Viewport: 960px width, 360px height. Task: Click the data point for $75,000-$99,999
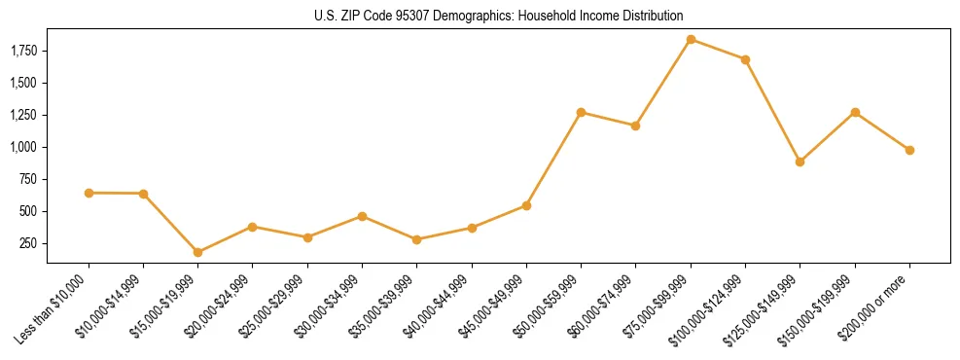click(x=691, y=40)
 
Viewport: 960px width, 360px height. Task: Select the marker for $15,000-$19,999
click(x=198, y=252)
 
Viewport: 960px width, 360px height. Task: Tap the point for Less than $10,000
click(x=89, y=193)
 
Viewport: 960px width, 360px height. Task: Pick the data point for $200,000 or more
click(x=909, y=150)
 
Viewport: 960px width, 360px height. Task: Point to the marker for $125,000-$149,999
click(x=800, y=162)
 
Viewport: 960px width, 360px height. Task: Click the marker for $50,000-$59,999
click(x=581, y=112)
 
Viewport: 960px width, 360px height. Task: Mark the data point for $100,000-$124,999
click(x=745, y=59)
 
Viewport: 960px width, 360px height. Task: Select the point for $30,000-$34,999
click(x=362, y=216)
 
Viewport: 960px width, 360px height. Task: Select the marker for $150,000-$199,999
click(x=855, y=112)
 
